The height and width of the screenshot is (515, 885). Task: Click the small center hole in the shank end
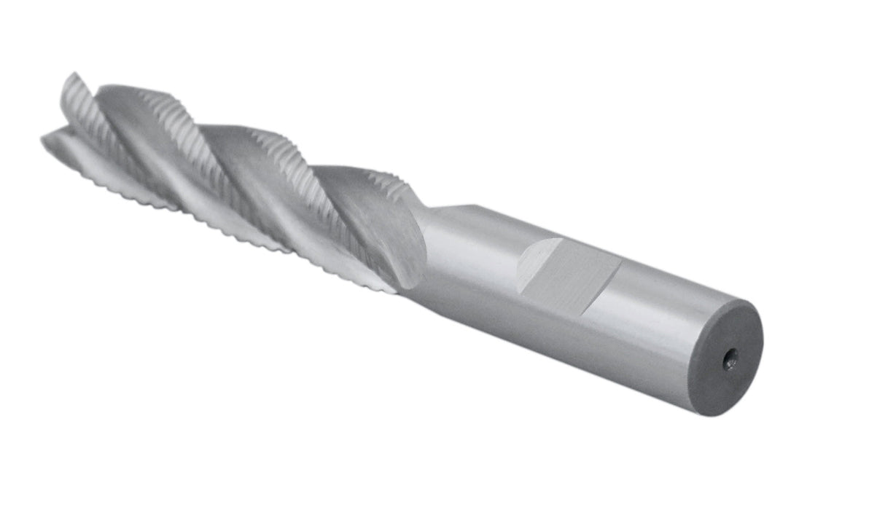[x=730, y=358]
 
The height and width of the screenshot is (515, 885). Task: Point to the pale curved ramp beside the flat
[x=537, y=263]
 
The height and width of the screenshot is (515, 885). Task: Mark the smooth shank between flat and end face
[x=656, y=321]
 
